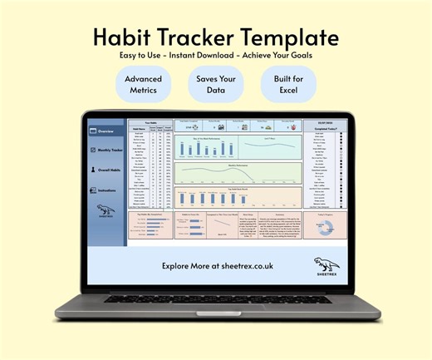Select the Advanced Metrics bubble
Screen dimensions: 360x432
coord(145,84)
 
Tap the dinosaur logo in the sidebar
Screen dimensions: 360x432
coord(106,211)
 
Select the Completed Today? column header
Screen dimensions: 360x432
coord(324,129)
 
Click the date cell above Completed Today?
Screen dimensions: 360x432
coord(324,121)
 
